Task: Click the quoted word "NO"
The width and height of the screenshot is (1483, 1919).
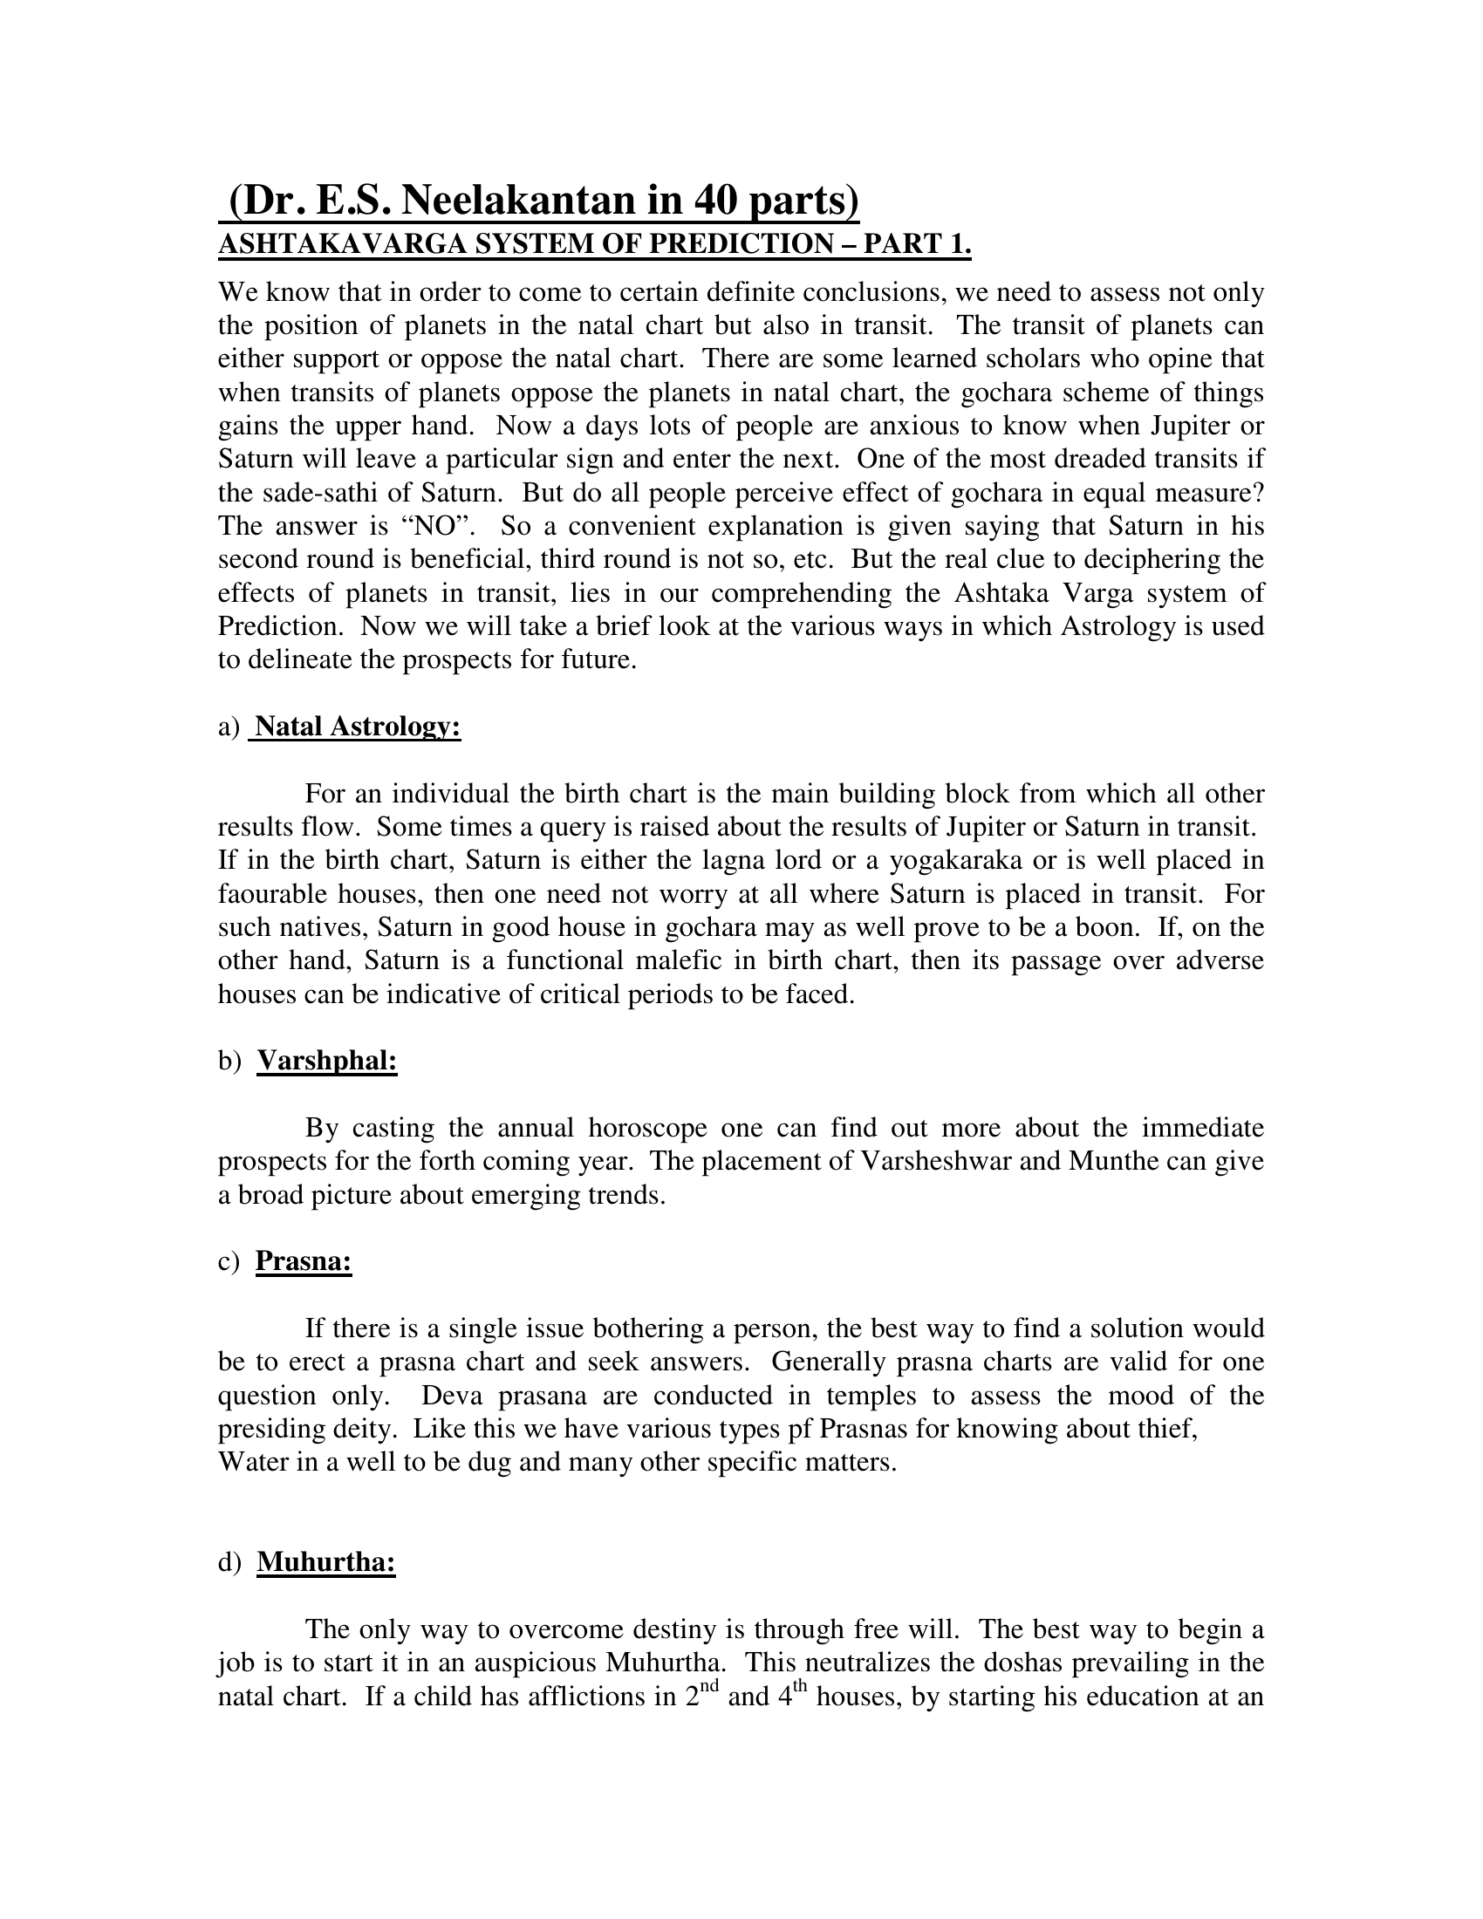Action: (438, 526)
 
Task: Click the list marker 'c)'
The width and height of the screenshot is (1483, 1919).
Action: (229, 1262)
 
